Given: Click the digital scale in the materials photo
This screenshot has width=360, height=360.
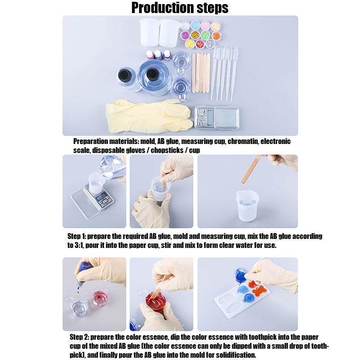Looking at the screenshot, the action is (x=217, y=117).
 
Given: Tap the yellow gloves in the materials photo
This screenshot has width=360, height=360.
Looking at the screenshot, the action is (x=149, y=116).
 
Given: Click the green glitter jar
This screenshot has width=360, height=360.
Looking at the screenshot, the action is (x=206, y=35).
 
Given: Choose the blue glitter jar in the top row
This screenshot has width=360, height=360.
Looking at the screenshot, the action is (x=195, y=26).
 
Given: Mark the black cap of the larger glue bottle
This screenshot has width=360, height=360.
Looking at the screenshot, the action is (x=153, y=74).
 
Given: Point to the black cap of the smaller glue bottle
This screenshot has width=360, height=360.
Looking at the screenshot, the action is (x=125, y=74).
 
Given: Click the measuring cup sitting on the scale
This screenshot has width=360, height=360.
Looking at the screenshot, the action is (x=96, y=183).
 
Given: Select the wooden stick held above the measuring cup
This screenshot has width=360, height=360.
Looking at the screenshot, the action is (x=252, y=169).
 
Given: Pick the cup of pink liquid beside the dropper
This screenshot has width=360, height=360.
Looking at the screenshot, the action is (x=100, y=298).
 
